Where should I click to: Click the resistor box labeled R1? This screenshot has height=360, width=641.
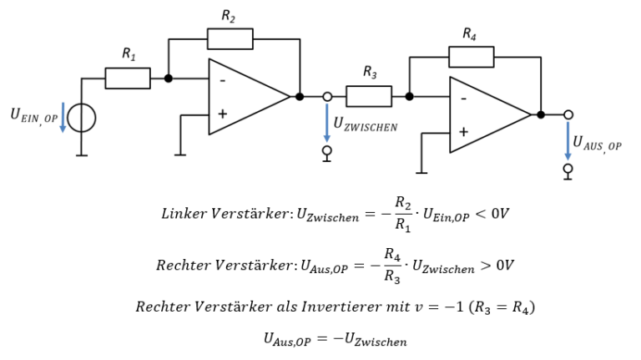coord(128,79)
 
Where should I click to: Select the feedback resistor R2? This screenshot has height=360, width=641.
coord(230,38)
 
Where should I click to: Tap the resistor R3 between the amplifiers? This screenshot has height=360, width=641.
coord(368,96)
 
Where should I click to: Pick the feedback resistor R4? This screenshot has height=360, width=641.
coord(471,57)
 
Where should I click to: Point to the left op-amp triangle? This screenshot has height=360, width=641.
coord(246,97)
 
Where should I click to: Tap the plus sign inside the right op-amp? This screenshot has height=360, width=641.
coord(463,132)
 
